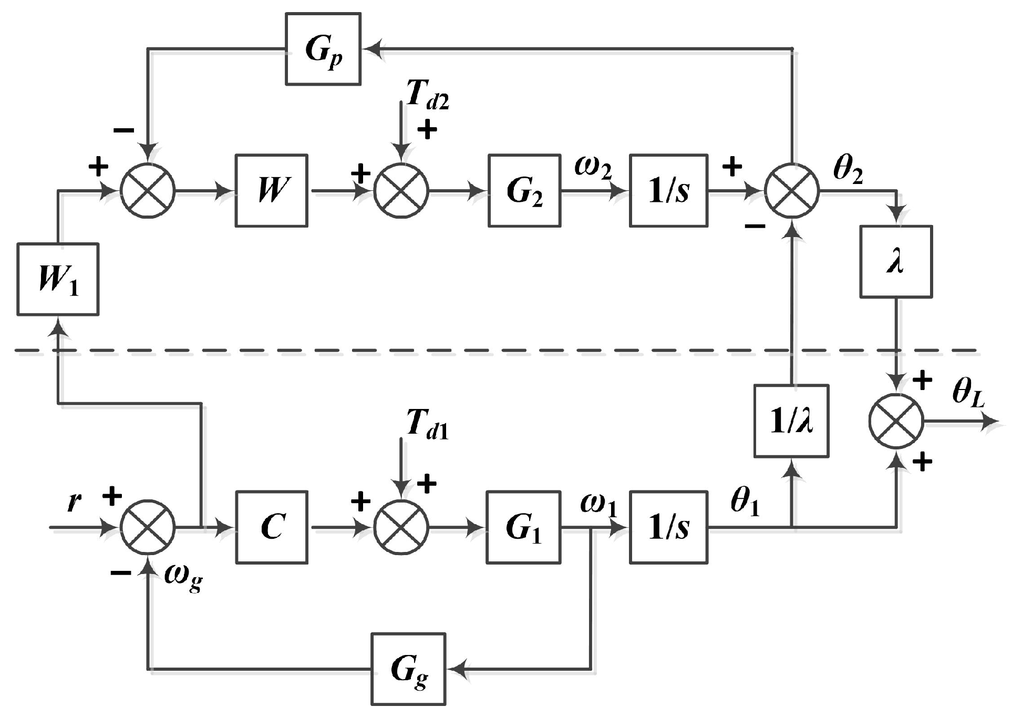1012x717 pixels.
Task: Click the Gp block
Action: [x=323, y=49]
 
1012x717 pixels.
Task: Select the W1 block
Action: [x=58, y=279]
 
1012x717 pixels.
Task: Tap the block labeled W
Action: [x=271, y=191]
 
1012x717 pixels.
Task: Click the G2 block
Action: [x=524, y=191]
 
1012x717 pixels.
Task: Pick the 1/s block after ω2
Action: [x=668, y=191]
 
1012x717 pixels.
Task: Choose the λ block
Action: [x=896, y=262]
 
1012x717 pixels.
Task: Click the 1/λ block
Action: [x=791, y=421]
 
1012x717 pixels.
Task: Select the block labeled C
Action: [x=271, y=527]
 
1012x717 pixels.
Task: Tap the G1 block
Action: [x=523, y=527]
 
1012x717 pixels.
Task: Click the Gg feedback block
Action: [x=408, y=669]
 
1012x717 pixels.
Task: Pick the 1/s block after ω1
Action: [x=668, y=527]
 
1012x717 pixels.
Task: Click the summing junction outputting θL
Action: [x=896, y=422]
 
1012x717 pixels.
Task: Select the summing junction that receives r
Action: [x=148, y=527]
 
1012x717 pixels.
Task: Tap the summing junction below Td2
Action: [x=401, y=191]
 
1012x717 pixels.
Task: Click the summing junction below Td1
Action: [x=401, y=527]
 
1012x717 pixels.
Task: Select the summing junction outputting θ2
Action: [x=792, y=191]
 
